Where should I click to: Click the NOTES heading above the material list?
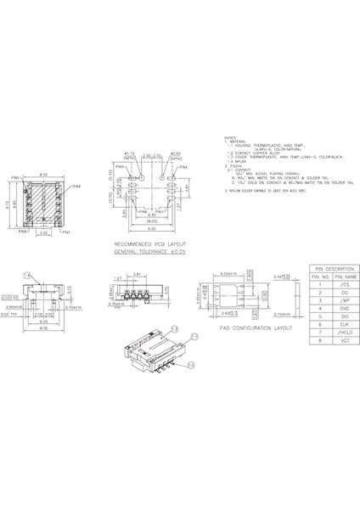228,136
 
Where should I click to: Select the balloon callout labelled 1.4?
27,276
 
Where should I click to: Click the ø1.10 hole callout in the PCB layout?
130,153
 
